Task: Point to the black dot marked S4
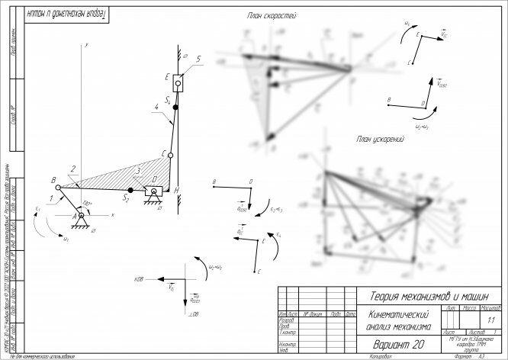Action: [x=175, y=109]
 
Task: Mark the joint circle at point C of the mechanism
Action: [x=171, y=156]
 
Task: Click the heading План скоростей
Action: [x=272, y=16]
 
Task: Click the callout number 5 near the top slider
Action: [x=197, y=58]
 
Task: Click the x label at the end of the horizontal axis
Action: [x=113, y=216]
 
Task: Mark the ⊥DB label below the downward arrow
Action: [x=192, y=314]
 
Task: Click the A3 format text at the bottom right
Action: [x=481, y=356]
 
